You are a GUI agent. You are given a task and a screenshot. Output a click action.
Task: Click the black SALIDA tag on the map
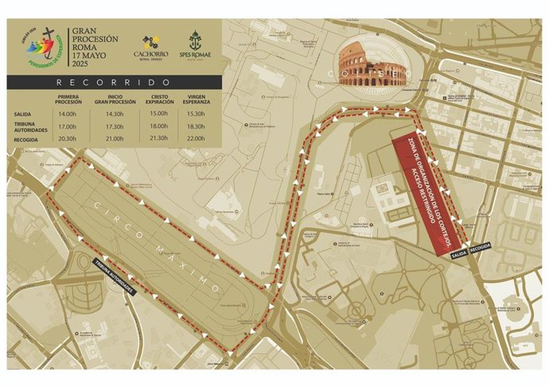pos(457,254)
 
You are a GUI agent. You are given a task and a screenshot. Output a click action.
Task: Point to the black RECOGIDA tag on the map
pos(481,249)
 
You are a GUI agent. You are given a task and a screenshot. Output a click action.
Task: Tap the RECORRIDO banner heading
pos(113,82)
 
